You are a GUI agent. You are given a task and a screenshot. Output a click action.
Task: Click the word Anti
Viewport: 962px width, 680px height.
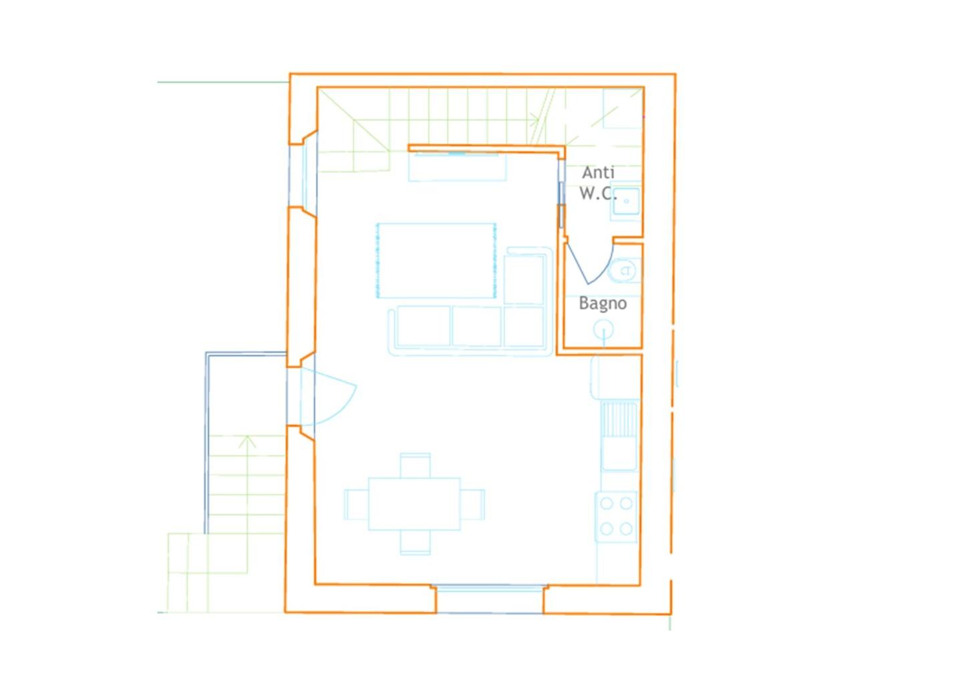point(598,172)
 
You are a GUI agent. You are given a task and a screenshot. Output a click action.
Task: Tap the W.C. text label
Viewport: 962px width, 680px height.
point(598,193)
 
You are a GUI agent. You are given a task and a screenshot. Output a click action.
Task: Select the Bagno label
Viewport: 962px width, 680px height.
point(603,303)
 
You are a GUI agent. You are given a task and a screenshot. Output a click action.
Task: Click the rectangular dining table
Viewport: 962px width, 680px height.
point(414,504)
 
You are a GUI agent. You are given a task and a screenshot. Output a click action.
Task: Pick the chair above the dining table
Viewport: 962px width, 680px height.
point(415,466)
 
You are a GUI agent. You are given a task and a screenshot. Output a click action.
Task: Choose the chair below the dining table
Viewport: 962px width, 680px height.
point(415,542)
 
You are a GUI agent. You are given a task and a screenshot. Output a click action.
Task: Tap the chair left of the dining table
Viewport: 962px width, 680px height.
point(357,504)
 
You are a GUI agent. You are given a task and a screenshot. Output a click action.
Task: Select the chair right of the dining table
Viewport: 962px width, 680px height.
point(472,504)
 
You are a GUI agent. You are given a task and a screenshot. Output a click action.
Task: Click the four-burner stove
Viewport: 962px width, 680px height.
point(616,517)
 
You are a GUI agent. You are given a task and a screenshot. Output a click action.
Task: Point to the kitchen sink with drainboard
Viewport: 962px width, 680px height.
point(619,436)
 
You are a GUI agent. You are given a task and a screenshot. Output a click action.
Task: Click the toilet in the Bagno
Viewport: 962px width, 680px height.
point(625,271)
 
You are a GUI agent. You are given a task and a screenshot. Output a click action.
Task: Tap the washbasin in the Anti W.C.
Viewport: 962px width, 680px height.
point(626,200)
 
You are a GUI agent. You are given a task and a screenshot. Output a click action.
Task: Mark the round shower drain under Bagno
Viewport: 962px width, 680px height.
point(603,330)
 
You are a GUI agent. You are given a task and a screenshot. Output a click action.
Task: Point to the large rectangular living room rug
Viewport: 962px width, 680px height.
point(436,260)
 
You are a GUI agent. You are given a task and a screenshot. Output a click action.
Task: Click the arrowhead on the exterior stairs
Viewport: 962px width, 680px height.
point(247,442)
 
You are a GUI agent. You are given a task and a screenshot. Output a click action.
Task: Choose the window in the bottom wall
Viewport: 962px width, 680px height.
point(490,599)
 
